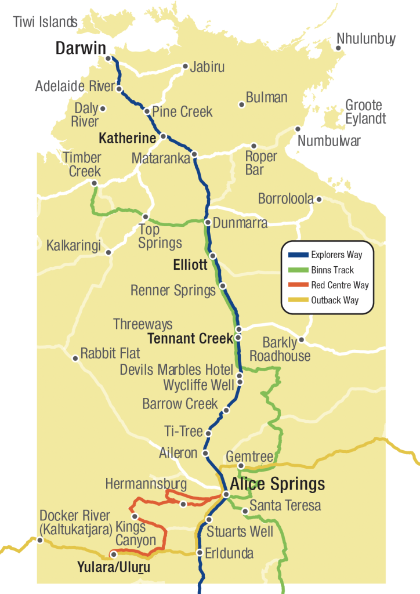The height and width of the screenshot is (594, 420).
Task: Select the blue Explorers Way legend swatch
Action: click(298, 255)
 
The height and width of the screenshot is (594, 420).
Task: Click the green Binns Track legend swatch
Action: click(298, 270)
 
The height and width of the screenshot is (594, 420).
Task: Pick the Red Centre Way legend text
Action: click(339, 285)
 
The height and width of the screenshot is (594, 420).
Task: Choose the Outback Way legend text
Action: click(335, 300)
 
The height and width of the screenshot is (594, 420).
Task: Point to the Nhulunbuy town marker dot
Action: click(339, 48)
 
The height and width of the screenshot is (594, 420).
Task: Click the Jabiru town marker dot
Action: click(185, 66)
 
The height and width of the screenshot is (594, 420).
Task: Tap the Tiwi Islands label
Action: click(45, 22)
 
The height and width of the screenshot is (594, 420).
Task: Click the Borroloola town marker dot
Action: click(318, 200)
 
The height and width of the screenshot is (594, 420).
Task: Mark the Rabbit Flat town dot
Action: click(75, 358)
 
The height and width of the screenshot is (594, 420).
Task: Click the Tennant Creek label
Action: click(190, 338)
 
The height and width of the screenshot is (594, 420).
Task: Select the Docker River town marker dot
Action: click(40, 541)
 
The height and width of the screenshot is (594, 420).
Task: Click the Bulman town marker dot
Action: click(241, 104)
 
